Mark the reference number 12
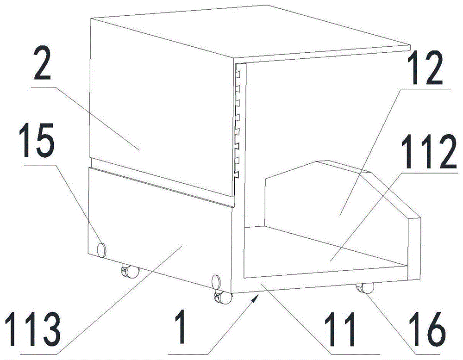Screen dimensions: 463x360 pos(425,68)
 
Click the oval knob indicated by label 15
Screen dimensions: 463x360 pos(101,249)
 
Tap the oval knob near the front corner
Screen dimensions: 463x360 pos(216,282)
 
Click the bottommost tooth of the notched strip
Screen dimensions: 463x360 pos(237,175)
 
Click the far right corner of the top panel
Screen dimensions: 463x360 pos(410,46)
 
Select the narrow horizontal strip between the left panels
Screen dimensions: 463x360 pos(161,182)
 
